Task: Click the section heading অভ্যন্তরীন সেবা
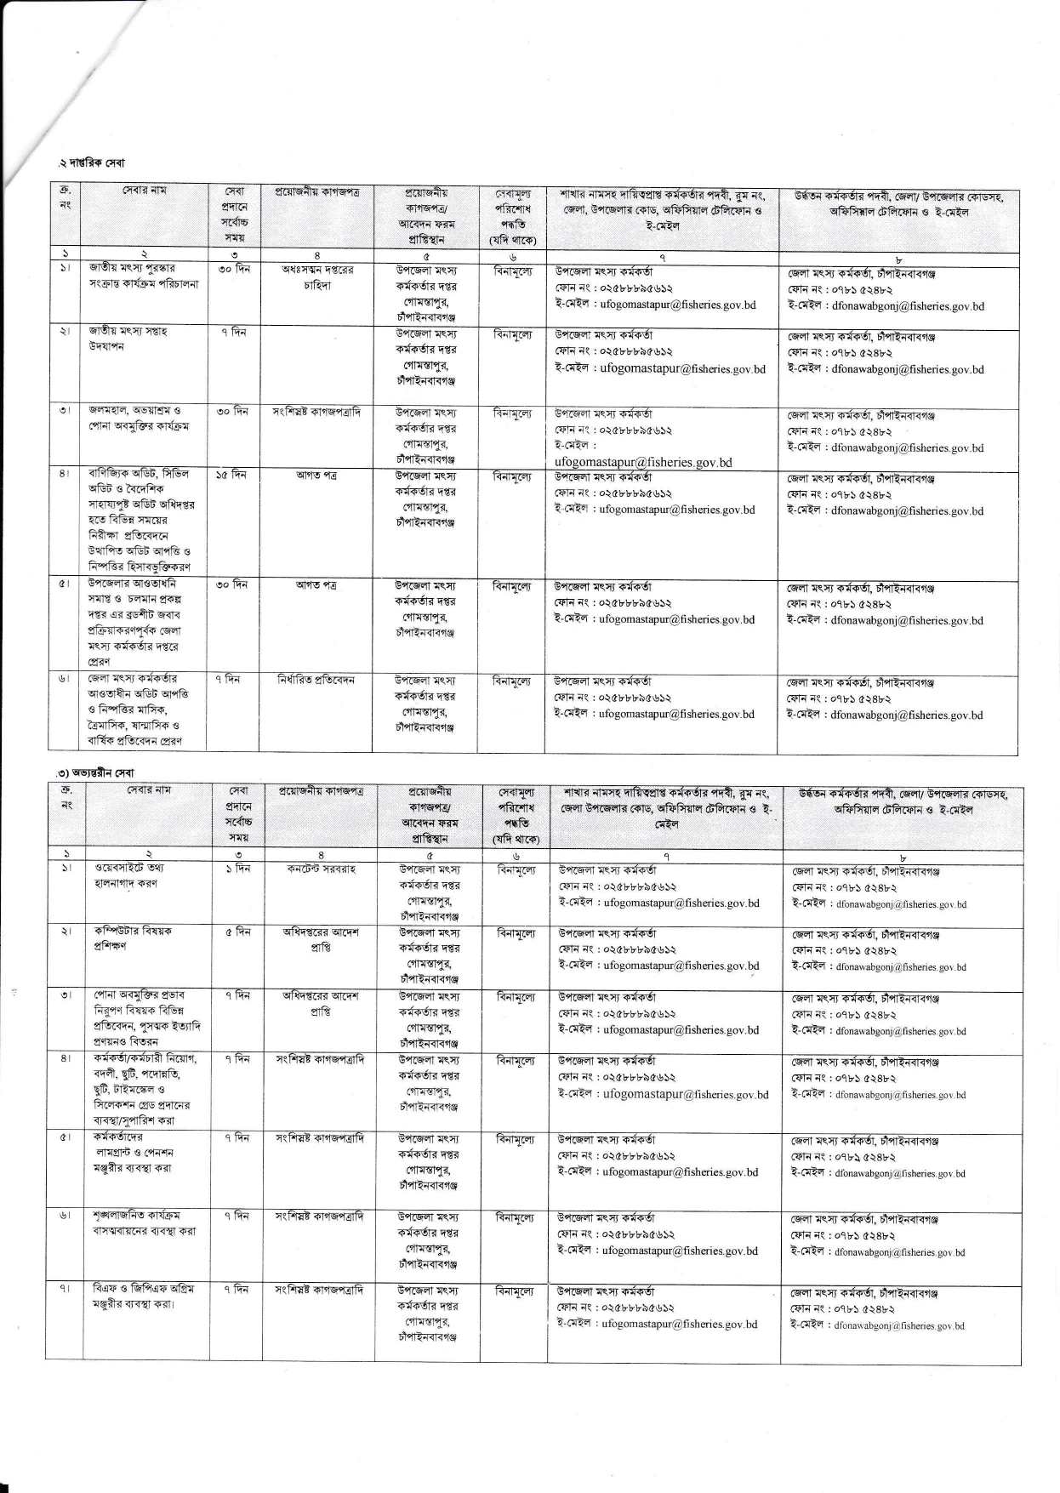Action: tap(95, 772)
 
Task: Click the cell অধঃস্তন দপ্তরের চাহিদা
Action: tap(317, 276)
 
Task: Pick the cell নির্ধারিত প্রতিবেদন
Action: tap(316, 680)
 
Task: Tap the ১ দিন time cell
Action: tap(237, 869)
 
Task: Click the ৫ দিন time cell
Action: tap(237, 932)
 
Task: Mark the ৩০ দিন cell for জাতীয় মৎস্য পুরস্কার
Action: tap(231, 270)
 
